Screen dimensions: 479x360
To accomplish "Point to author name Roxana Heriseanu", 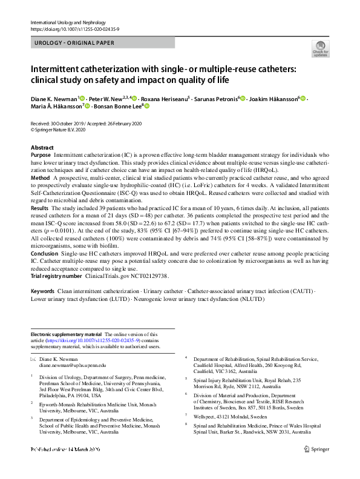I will (x=165, y=98).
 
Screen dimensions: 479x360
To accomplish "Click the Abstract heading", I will (x=42, y=148).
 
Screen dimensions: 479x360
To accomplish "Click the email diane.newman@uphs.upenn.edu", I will (x=73, y=366).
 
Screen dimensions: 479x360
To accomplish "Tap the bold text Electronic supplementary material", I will (x=66, y=334).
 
